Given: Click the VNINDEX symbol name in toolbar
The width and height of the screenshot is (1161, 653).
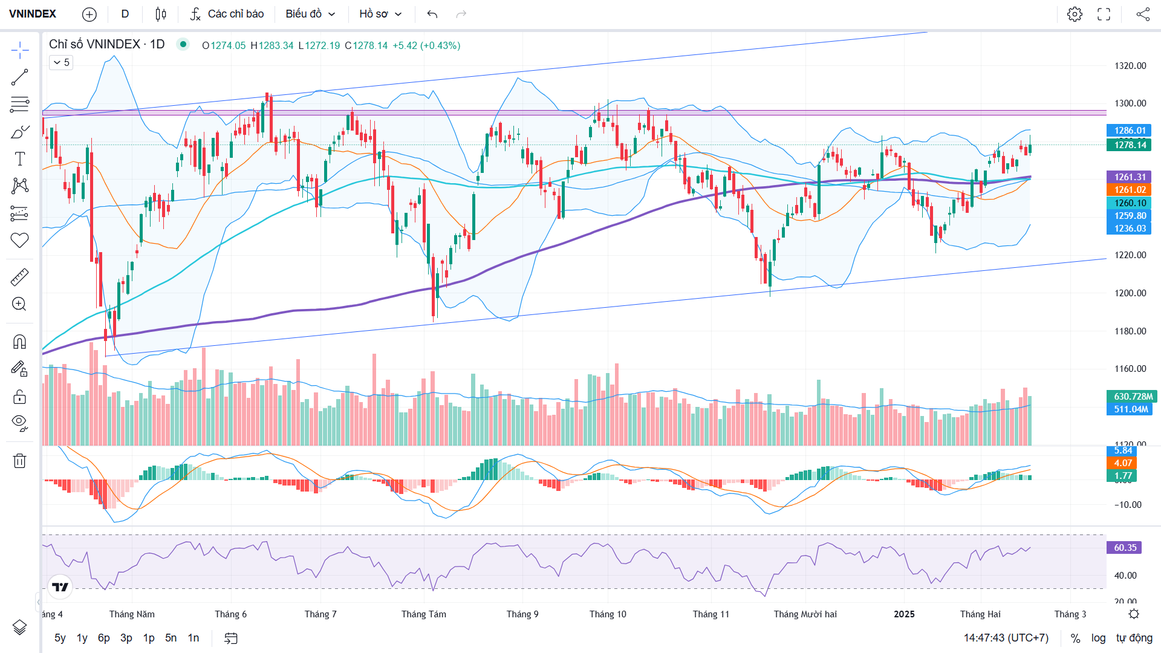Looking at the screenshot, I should [33, 14].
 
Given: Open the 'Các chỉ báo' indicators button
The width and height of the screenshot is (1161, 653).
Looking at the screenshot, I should [227, 14].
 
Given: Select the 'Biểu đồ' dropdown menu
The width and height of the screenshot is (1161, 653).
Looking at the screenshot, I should [310, 14].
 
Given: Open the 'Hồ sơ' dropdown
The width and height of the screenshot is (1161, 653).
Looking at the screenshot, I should [380, 14].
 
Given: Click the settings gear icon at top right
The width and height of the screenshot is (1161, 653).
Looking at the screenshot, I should [1075, 14].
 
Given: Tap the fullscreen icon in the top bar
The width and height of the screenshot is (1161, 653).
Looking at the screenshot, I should [1104, 14].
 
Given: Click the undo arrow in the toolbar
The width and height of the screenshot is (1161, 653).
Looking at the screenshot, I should [432, 14].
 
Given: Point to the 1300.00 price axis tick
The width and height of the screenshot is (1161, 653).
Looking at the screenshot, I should [1130, 103].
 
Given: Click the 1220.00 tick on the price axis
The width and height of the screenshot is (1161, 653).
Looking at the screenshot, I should [1130, 255].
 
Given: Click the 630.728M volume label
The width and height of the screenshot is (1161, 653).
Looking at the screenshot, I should [1132, 397].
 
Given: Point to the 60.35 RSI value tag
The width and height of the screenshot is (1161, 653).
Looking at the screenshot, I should [1125, 548].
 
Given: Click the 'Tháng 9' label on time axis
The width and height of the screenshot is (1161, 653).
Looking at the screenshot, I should [522, 614].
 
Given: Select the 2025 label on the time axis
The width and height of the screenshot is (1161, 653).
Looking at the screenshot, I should [904, 614].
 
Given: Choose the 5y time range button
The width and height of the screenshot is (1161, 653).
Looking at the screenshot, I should [60, 638].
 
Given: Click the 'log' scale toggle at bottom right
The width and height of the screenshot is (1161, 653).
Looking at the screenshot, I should [1098, 638].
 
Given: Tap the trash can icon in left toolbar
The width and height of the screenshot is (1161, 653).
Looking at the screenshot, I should [19, 461].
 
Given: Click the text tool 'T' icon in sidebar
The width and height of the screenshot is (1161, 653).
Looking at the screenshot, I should [19, 159].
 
